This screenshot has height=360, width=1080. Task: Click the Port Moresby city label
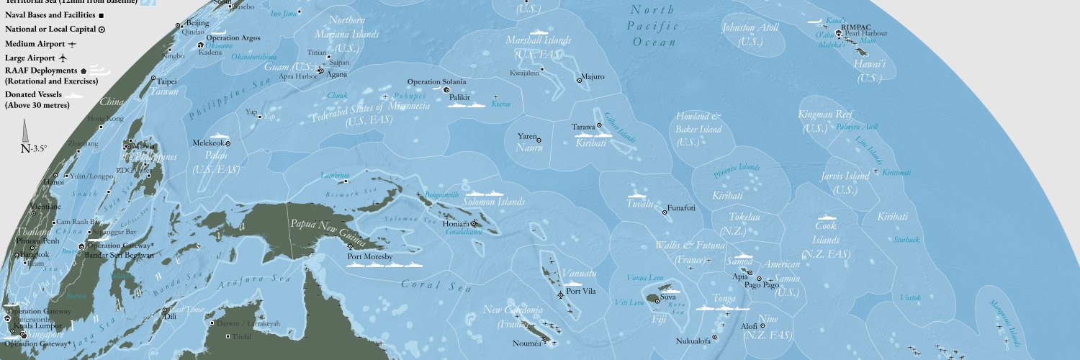369,256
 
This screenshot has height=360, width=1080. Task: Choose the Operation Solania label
436,81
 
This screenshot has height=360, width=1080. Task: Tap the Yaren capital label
528,135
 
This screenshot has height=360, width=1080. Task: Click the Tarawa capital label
582,127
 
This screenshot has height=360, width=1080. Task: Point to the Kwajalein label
523,72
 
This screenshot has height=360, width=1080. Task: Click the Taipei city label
167,82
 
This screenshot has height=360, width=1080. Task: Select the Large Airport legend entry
31,57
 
